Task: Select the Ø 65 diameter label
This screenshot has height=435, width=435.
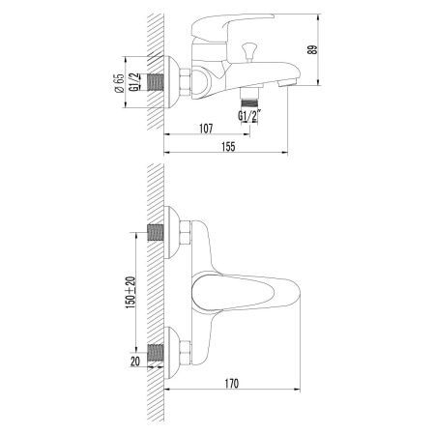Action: pyautogui.click(x=118, y=85)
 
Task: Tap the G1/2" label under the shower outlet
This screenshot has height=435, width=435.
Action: pyautogui.click(x=249, y=118)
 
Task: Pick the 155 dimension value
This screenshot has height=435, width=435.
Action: pyautogui.click(x=229, y=146)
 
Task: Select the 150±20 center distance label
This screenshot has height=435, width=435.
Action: pyautogui.click(x=130, y=291)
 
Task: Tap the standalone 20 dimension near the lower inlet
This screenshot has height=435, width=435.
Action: pyautogui.click(x=135, y=361)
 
